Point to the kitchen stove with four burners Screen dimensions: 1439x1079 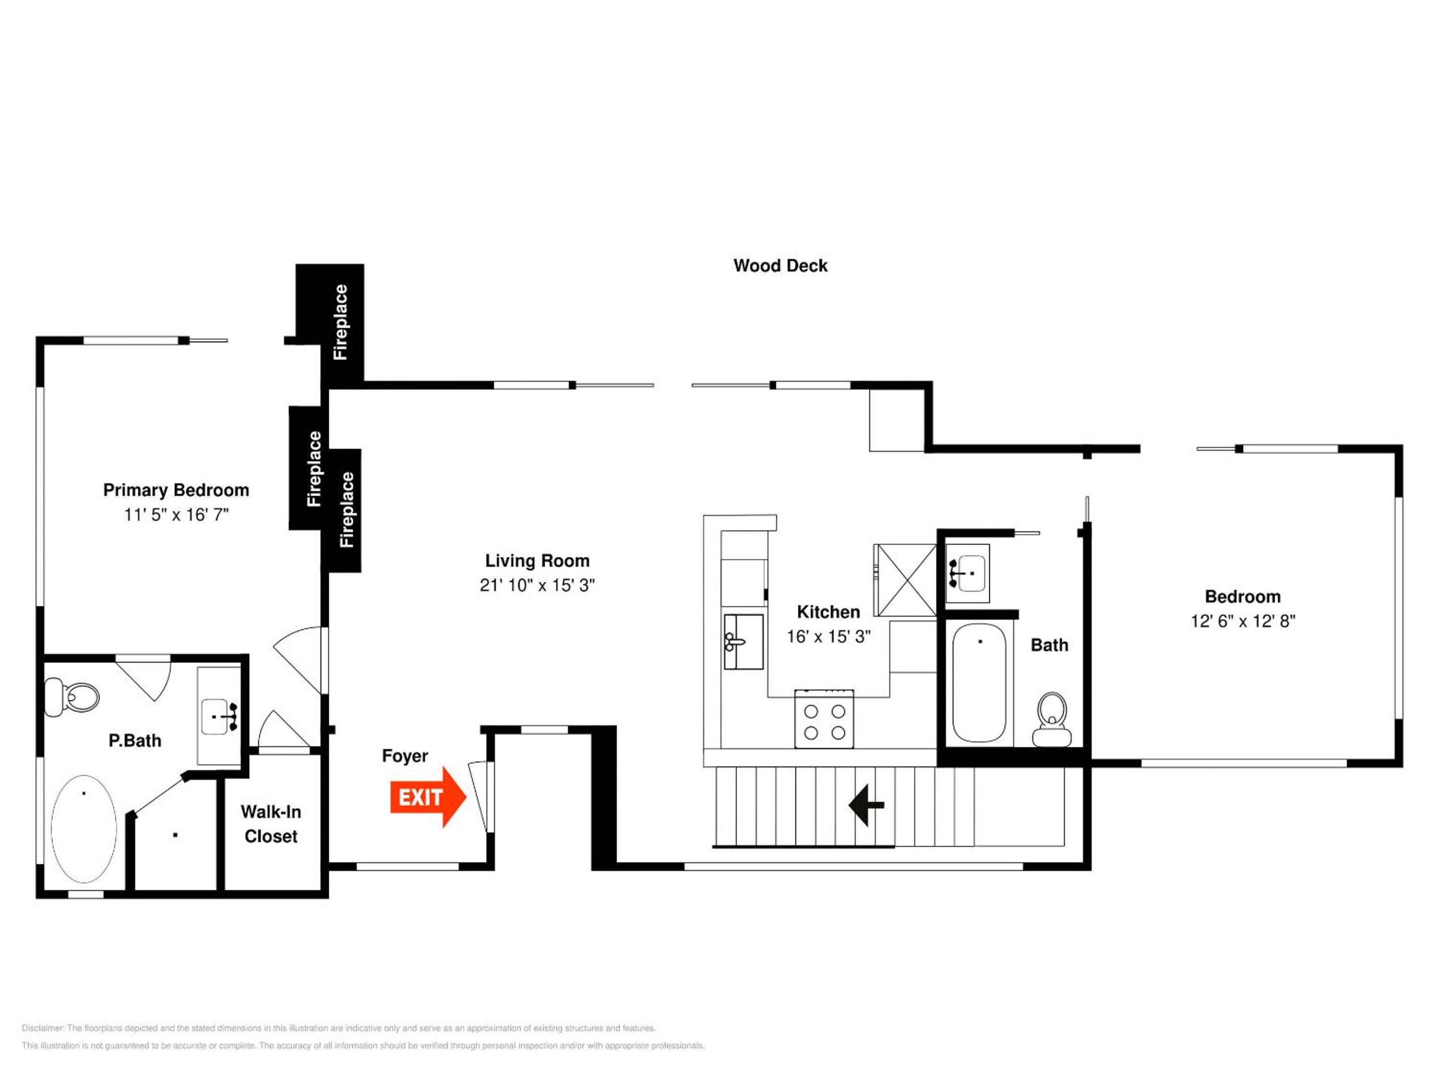coord(824,719)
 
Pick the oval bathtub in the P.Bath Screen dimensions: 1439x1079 coord(84,829)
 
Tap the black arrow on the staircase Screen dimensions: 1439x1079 coord(866,805)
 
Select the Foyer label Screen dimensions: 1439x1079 coord(405,756)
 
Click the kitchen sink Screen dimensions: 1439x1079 coord(743,641)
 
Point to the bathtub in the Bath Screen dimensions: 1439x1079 coord(979,682)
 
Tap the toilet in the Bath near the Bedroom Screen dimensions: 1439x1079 coord(1052,719)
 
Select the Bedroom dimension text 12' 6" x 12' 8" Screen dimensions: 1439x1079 coord(1243,620)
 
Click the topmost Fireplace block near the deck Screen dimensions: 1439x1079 coord(330,323)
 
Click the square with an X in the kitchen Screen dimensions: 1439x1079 coord(904,579)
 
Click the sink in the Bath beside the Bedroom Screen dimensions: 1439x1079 coord(968,573)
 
